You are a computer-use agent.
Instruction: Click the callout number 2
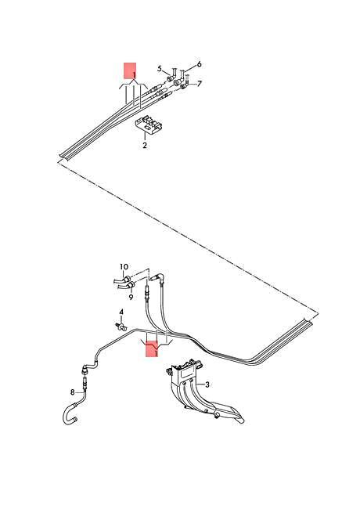coord(144,146)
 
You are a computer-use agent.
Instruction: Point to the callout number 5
coord(159,69)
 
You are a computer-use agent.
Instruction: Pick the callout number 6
coord(199,63)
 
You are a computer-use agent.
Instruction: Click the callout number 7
coord(199,84)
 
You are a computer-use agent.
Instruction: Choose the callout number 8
coord(73,392)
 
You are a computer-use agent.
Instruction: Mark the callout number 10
coord(122,268)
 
